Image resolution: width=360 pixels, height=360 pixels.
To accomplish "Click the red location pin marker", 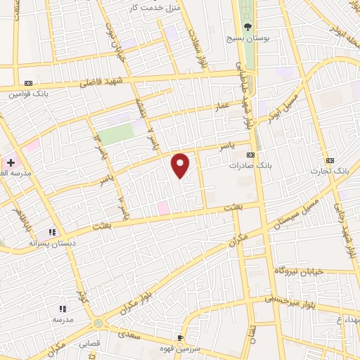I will coord(181,165).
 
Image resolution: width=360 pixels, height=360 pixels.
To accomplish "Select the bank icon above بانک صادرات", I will coord(250,155).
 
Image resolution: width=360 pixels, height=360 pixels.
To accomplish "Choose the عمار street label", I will coord(223,107).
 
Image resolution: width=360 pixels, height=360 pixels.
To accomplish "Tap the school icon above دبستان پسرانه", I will coord(51,232).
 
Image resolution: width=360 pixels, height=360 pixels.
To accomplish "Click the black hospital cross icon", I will coord(11,162).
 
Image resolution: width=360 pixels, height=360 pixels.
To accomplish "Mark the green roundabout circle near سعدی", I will coord(98,323).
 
